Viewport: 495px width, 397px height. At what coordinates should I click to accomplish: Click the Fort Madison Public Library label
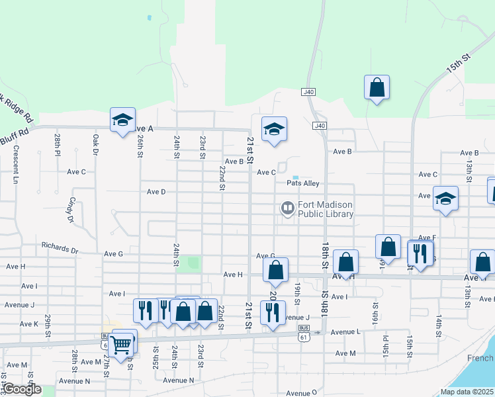[x=326, y=209]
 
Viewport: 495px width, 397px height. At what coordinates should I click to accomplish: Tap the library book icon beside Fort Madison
[x=287, y=209]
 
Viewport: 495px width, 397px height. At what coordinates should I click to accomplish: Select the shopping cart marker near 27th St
[x=121, y=343]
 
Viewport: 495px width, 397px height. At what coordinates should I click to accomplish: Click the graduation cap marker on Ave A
[x=122, y=121]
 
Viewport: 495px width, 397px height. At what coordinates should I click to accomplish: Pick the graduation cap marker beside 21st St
[x=273, y=129]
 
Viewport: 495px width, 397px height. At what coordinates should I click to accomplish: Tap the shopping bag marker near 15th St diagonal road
[x=377, y=88]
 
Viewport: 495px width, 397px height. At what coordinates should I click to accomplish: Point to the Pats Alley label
[x=303, y=183]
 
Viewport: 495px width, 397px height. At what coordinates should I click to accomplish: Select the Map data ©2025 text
[x=467, y=392]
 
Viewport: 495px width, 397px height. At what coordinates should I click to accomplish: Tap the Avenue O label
[x=302, y=392]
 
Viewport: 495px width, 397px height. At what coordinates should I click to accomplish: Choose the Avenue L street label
[x=345, y=331]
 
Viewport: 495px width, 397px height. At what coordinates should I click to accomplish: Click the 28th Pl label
[x=58, y=144]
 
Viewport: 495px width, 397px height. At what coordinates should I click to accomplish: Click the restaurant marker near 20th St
[x=273, y=313]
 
